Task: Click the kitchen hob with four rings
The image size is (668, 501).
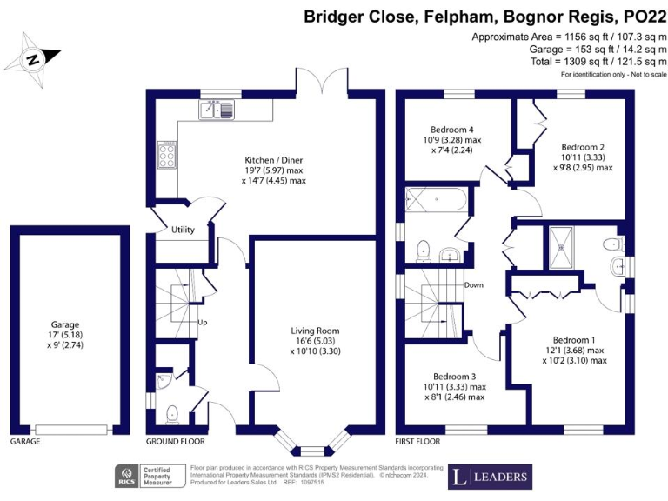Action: pyautogui.click(x=165, y=155)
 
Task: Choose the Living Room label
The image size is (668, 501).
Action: pyautogui.click(x=315, y=331)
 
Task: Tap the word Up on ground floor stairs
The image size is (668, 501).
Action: pyautogui.click(x=204, y=322)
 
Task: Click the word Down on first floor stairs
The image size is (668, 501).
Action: pyautogui.click(x=474, y=285)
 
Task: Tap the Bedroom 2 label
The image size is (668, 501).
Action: pyautogui.click(x=582, y=146)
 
